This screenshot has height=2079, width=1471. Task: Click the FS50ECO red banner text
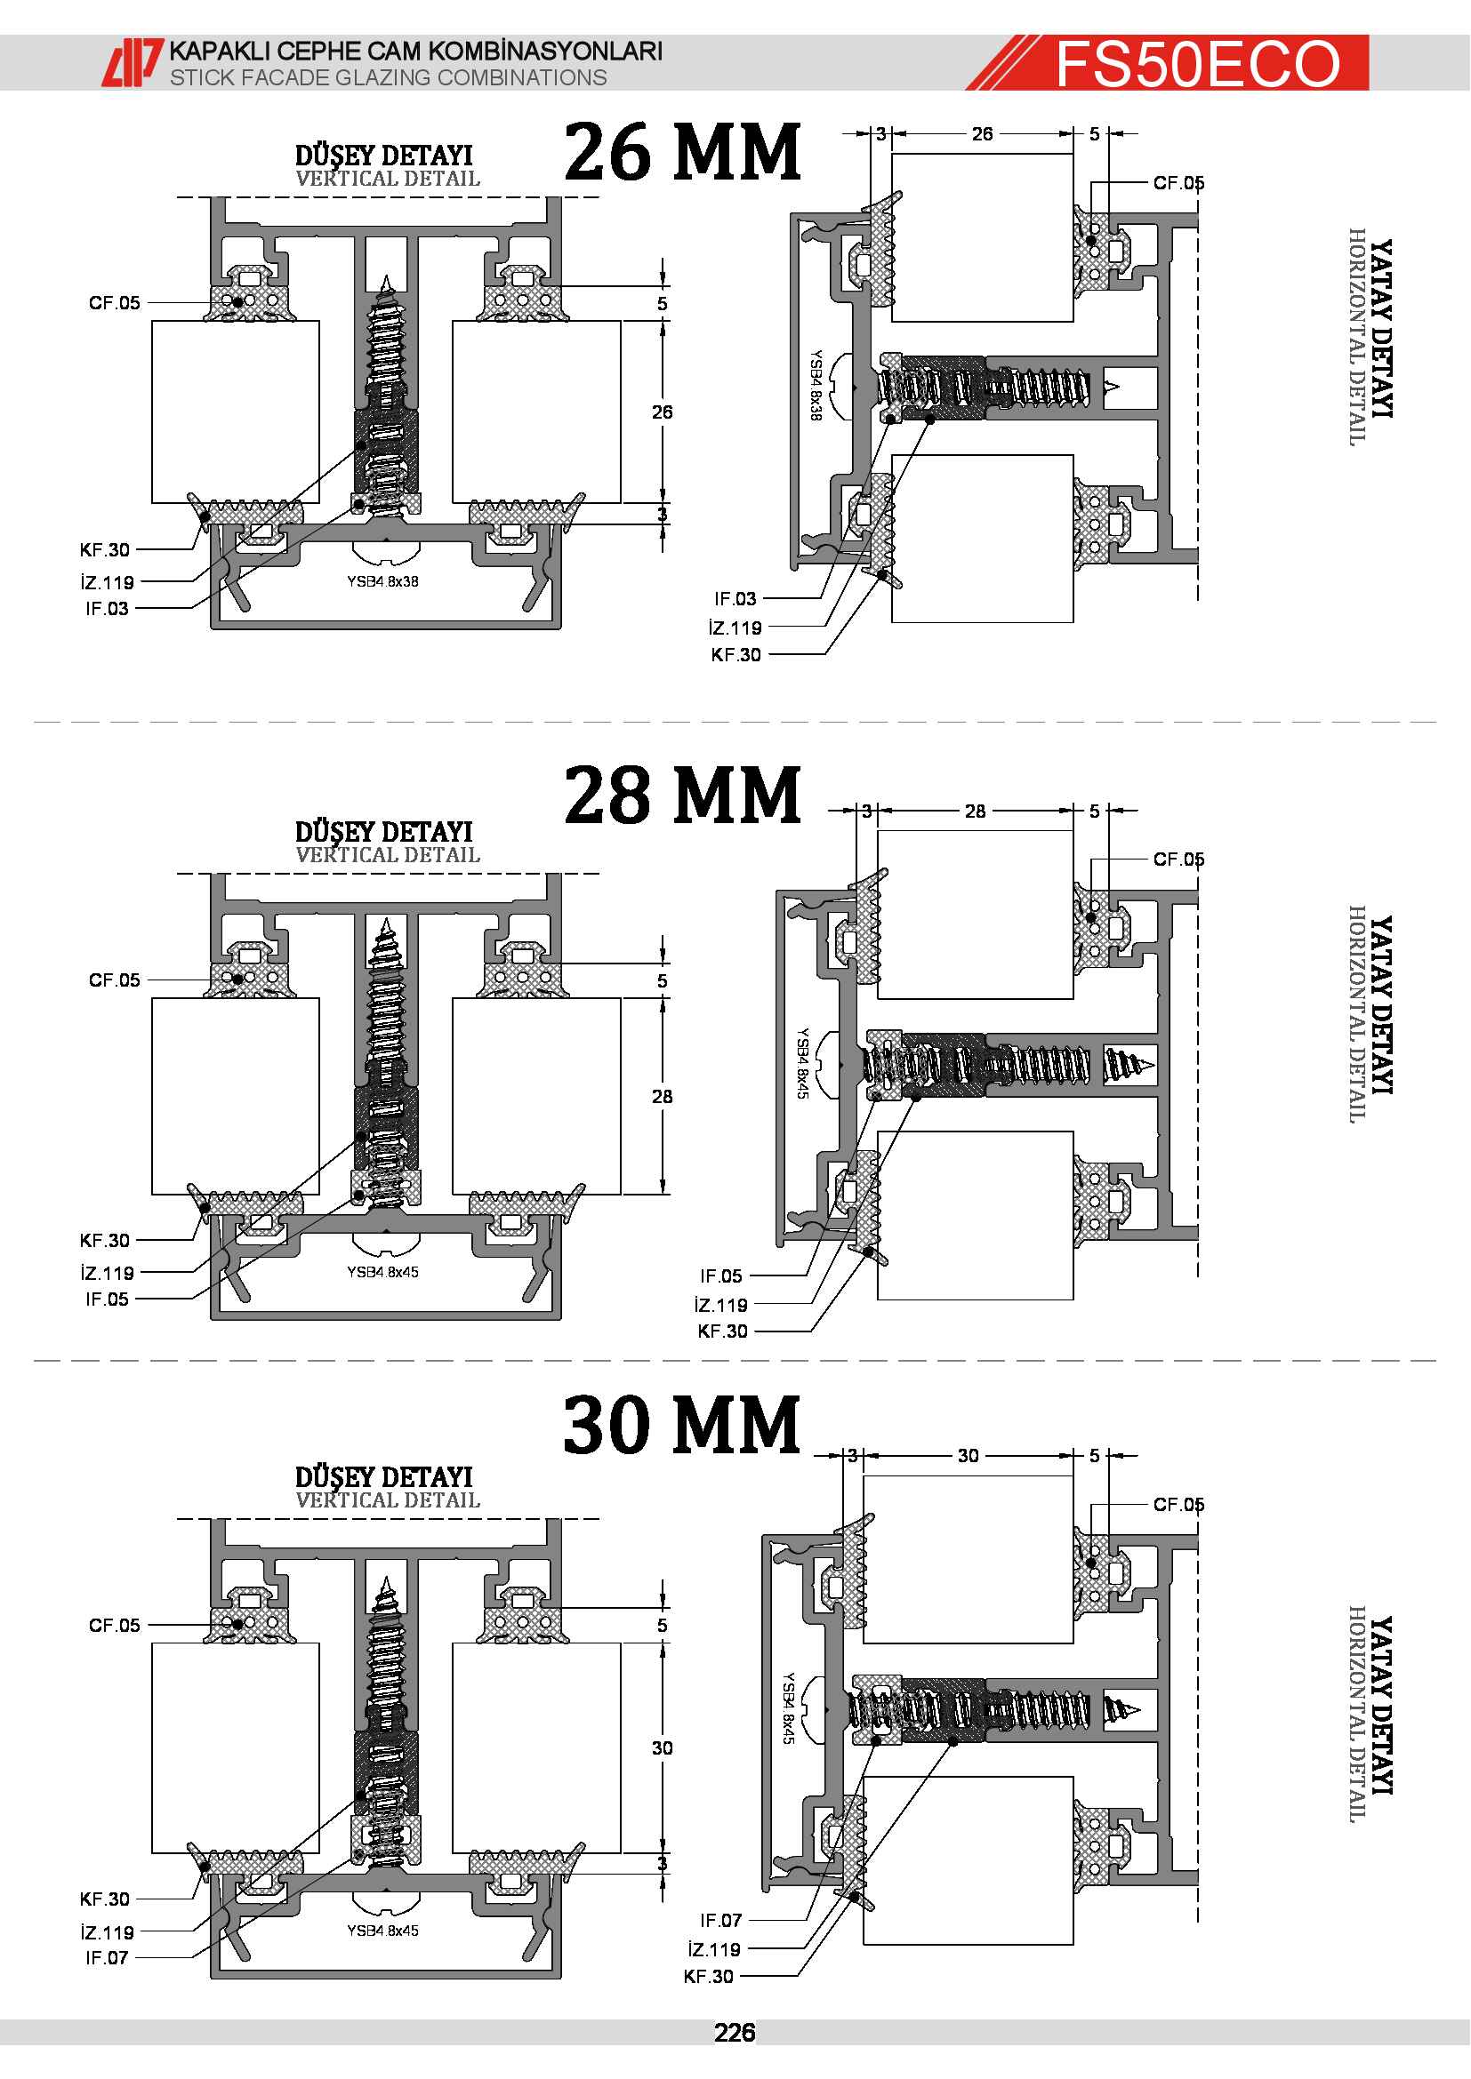click(1197, 63)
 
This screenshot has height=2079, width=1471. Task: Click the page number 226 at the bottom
click(735, 2033)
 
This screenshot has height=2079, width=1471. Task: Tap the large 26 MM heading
click(682, 151)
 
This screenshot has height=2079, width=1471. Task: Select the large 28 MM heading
click(682, 794)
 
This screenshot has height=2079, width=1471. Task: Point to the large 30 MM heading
click(682, 1424)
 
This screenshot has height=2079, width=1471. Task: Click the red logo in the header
click(133, 62)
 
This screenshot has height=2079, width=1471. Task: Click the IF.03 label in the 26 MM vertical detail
click(107, 609)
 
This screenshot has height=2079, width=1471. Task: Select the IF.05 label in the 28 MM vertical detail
click(107, 1299)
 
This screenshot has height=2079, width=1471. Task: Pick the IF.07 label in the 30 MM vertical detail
click(107, 1957)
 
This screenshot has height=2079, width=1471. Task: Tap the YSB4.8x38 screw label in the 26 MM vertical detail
click(382, 581)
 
